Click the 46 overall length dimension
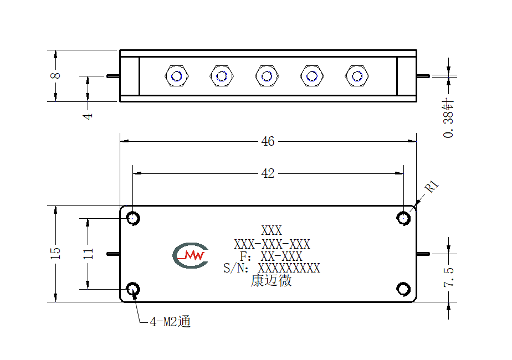(x=268, y=141)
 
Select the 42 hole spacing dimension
(x=268, y=173)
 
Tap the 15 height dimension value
(x=55, y=253)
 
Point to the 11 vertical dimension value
(x=88, y=254)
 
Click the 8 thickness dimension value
(x=55, y=75)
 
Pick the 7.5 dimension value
(x=449, y=277)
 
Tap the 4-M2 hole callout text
(x=170, y=322)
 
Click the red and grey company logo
(x=191, y=255)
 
